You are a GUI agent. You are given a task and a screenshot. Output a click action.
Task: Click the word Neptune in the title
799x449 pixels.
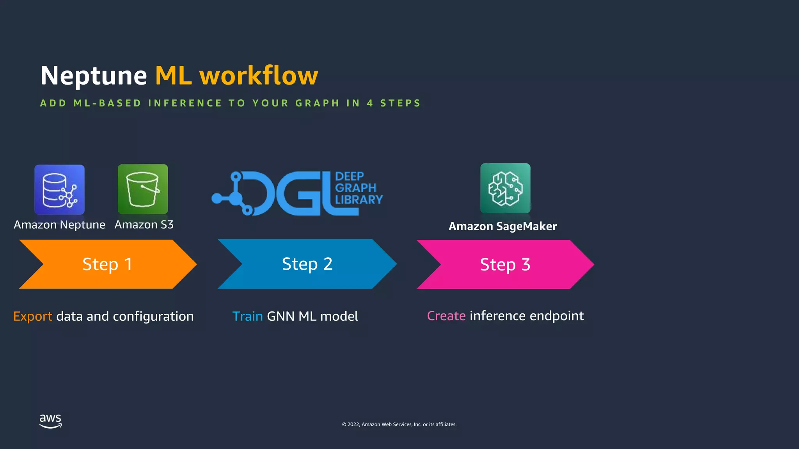pos(94,76)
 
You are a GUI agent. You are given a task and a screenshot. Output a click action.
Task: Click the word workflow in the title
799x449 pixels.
pos(259,76)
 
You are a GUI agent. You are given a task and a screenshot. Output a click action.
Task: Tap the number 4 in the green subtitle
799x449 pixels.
pos(370,103)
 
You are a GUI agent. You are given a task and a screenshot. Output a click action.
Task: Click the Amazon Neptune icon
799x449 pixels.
pos(59,189)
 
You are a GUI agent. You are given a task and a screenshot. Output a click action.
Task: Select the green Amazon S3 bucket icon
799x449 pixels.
pos(143,189)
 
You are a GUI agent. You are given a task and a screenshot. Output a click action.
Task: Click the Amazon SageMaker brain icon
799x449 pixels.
pos(505,188)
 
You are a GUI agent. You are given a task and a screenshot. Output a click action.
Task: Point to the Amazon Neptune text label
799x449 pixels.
pos(59,225)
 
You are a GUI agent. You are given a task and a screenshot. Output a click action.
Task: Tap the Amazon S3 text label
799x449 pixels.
pos(144,225)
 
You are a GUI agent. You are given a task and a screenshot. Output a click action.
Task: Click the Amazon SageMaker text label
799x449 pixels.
pos(502,226)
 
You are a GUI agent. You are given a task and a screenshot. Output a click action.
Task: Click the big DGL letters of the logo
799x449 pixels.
pos(297,194)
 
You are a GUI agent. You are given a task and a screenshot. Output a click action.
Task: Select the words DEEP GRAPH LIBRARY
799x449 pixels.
pos(358,188)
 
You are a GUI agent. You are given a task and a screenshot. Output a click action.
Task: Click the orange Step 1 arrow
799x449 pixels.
pos(107,264)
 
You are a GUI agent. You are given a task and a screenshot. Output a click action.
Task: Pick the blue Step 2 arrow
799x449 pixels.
pos(307,264)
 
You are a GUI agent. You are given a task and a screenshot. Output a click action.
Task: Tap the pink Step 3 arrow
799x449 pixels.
pos(505,265)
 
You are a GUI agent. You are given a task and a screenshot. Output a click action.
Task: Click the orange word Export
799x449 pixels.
pos(32,316)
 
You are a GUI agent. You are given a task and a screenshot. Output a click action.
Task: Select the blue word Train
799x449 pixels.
pos(247,316)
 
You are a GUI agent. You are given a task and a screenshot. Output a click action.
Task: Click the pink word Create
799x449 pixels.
pos(446,316)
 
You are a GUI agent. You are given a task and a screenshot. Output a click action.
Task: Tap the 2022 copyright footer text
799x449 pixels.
pos(399,424)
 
